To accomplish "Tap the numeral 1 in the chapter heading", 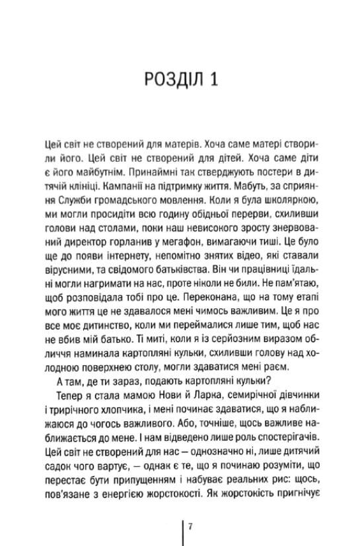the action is click(213, 80).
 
